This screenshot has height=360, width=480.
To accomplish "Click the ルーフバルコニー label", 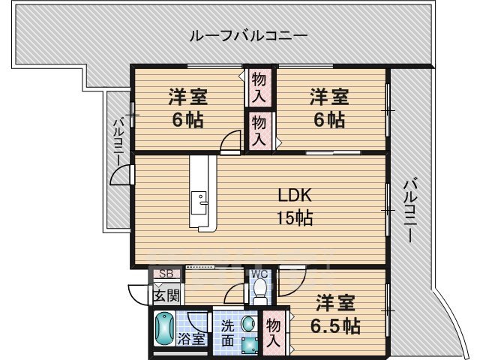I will click(247, 35).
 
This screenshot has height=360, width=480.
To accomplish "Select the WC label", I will click(259, 274).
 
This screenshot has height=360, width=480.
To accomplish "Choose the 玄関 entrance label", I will click(166, 295).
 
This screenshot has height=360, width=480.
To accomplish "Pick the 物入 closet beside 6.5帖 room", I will click(274, 331).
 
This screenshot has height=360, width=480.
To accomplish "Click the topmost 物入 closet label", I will click(259, 86).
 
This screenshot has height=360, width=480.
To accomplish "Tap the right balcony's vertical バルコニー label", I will click(409, 208).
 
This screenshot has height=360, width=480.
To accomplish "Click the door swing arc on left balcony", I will click(120, 175).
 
